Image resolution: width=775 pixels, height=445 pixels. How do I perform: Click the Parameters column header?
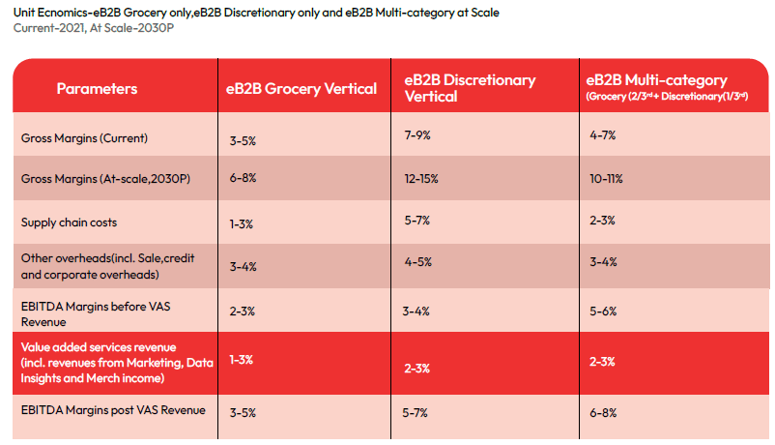click(97, 89)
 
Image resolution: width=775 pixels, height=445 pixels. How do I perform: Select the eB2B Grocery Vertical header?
click(301, 89)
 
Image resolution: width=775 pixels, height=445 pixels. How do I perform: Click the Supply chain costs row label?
click(69, 222)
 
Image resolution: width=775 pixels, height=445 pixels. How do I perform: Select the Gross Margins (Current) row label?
click(84, 138)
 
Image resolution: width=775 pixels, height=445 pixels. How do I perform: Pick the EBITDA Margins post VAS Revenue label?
click(113, 410)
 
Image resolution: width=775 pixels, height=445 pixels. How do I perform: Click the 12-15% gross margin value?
click(420, 179)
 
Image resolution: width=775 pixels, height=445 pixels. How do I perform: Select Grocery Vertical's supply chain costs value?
click(241, 224)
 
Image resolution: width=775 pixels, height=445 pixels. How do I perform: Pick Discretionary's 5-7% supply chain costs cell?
click(417, 221)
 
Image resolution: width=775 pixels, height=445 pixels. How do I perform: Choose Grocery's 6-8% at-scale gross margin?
click(243, 180)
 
